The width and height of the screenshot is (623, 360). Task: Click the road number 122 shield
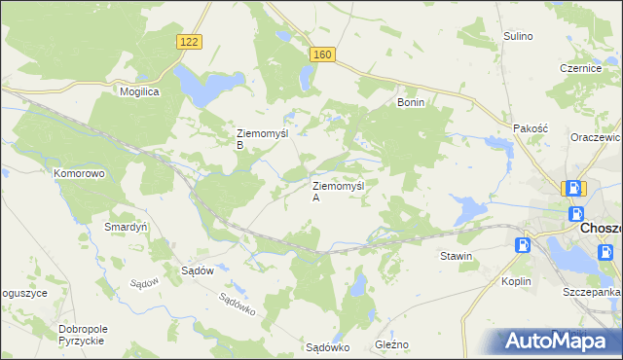coord(190,40)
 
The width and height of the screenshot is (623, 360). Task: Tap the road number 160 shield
coord(323,55)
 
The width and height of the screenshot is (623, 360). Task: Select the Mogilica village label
coord(139,90)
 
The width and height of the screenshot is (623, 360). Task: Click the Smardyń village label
coord(126,227)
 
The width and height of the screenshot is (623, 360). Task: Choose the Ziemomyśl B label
coord(258,139)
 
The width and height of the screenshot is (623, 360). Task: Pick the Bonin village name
coord(411,101)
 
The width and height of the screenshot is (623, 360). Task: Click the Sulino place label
coord(518,36)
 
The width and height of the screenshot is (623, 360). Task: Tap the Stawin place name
coord(456,257)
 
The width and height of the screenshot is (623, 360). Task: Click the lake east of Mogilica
coord(200,88)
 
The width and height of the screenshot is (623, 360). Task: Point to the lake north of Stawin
coord(468,207)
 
